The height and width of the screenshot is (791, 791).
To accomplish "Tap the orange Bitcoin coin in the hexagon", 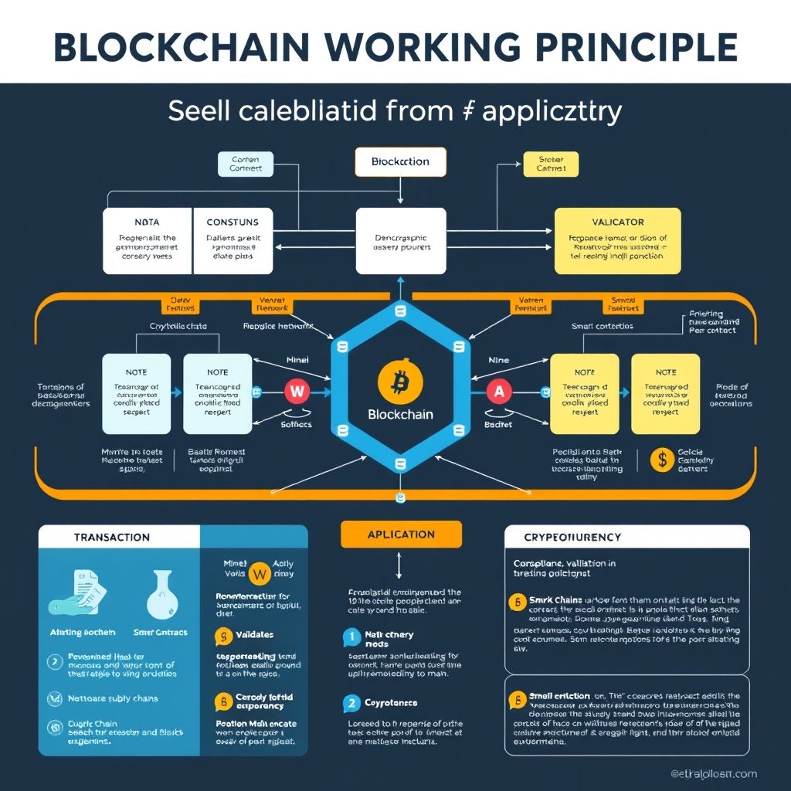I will [399, 380].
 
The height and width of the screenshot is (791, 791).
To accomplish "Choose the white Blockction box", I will [399, 162].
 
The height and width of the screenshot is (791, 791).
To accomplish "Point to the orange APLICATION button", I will [401, 535].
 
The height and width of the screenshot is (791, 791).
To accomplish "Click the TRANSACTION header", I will [112, 537].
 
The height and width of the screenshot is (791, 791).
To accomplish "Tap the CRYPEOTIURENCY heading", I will [572, 537].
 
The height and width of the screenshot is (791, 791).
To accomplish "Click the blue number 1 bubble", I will [351, 637].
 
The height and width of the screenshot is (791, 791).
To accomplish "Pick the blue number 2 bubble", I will [351, 704].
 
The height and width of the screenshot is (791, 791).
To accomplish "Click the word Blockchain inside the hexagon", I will [400, 414].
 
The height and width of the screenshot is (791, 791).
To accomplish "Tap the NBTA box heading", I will [147, 222].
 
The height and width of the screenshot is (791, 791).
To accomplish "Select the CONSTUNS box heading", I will [233, 222].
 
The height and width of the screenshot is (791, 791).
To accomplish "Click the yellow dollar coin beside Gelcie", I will [662, 460].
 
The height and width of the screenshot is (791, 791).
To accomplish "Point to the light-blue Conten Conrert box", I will [246, 163].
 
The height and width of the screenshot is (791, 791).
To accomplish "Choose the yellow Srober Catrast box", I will [550, 163].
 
